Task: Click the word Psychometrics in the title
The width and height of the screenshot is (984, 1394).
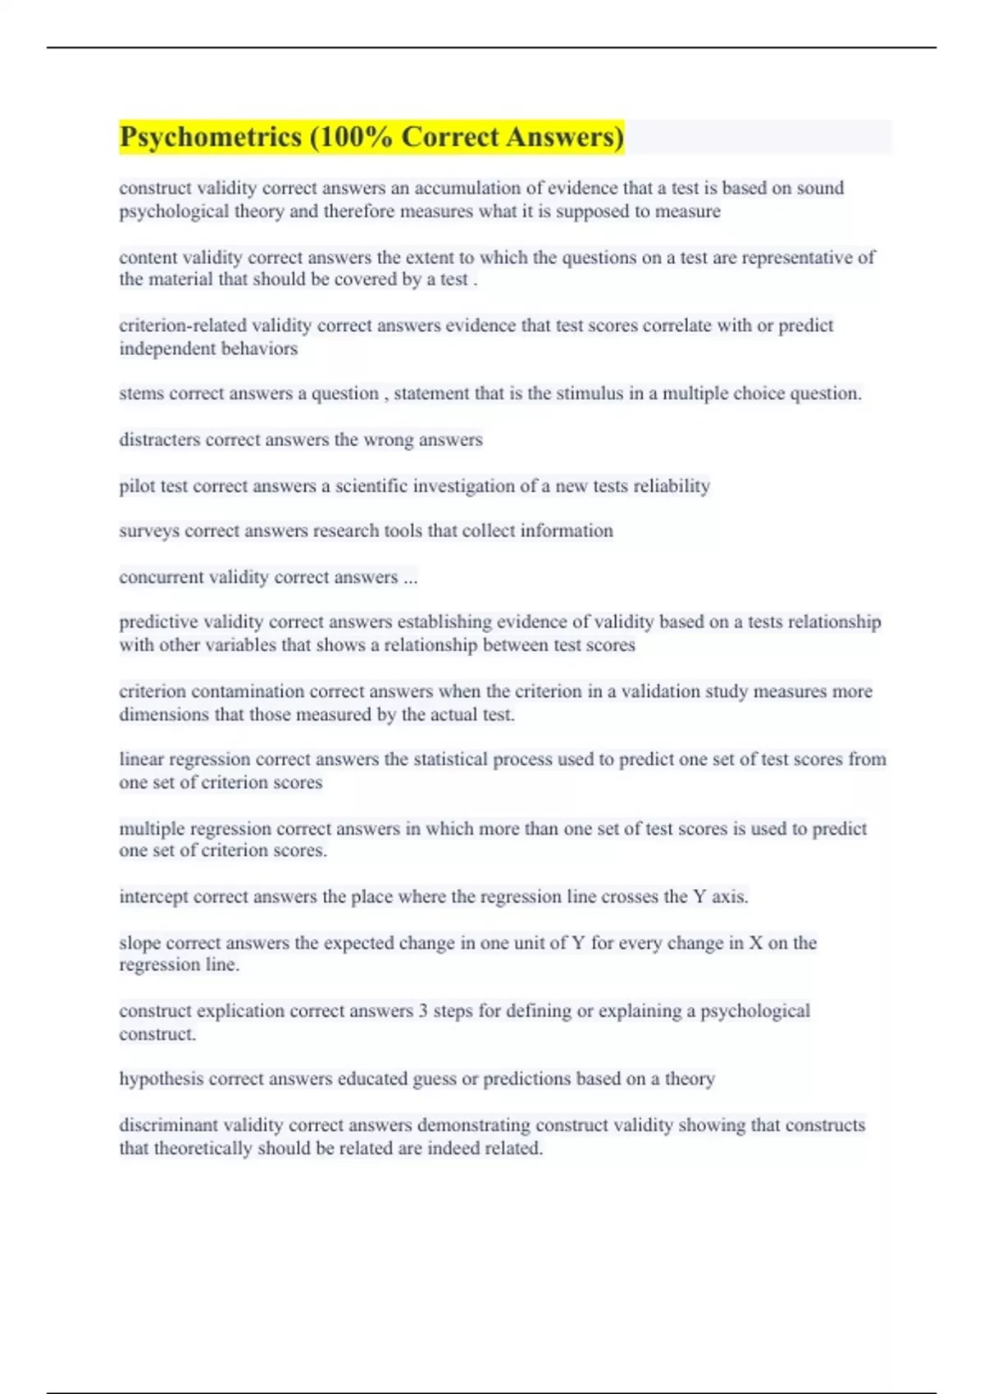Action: coord(211,137)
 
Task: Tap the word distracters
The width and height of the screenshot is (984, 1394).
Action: coord(159,440)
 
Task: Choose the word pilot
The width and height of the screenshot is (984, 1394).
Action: coord(136,486)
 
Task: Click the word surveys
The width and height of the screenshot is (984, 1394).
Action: coord(148,531)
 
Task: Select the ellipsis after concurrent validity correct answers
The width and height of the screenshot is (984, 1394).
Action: coord(410,577)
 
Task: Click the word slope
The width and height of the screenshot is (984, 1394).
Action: coord(139,943)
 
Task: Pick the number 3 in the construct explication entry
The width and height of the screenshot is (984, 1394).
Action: coord(423,1010)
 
